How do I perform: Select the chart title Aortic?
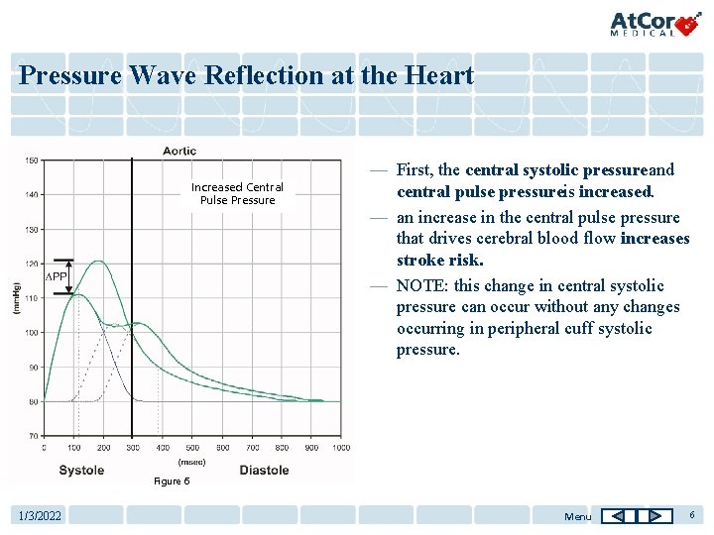click(x=179, y=151)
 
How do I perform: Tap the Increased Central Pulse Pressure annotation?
click(x=237, y=193)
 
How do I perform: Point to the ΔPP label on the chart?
click(x=59, y=277)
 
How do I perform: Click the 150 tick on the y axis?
click(x=32, y=160)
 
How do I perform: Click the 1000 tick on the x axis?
click(x=340, y=448)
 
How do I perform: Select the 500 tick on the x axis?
click(x=192, y=448)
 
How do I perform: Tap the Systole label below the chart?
click(x=81, y=470)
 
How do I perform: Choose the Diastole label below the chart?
click(x=264, y=470)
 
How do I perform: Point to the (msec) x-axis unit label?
click(x=191, y=461)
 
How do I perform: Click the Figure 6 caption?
click(x=171, y=481)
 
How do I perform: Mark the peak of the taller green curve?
click(x=98, y=262)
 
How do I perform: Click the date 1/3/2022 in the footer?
click(x=41, y=516)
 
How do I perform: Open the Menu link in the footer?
click(x=577, y=516)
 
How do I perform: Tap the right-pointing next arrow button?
click(x=654, y=515)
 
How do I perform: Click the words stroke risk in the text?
click(x=439, y=261)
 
